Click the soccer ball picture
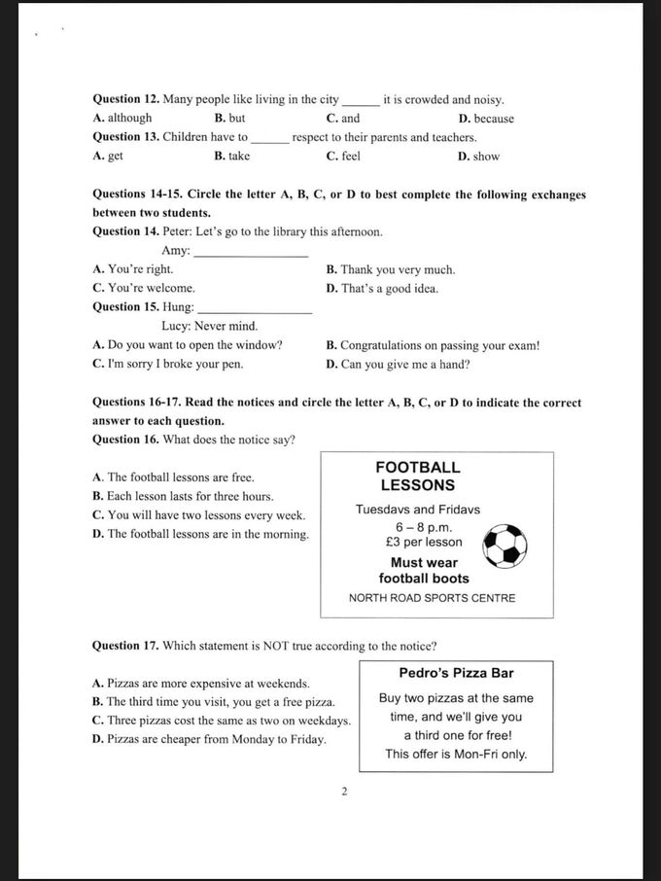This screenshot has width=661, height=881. click(x=504, y=546)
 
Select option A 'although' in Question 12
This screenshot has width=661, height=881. click(x=122, y=119)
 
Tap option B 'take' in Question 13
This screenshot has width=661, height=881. click(x=232, y=157)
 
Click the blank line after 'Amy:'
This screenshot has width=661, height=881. click(x=251, y=254)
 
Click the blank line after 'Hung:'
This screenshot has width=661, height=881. click(x=255, y=310)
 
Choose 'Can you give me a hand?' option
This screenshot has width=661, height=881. click(x=398, y=365)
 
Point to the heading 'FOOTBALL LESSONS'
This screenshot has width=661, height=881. click(x=417, y=476)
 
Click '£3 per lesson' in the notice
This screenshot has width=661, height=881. click(x=424, y=543)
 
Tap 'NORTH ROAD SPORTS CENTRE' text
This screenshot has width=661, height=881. click(x=432, y=598)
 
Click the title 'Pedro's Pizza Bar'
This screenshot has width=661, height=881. click(x=456, y=673)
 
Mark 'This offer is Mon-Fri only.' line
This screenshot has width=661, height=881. click(x=456, y=754)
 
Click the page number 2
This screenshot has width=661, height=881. click(x=344, y=792)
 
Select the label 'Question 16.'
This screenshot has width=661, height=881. click(x=125, y=440)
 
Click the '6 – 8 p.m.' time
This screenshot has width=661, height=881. click(x=417, y=526)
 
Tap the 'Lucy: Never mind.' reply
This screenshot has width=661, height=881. click(x=209, y=327)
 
